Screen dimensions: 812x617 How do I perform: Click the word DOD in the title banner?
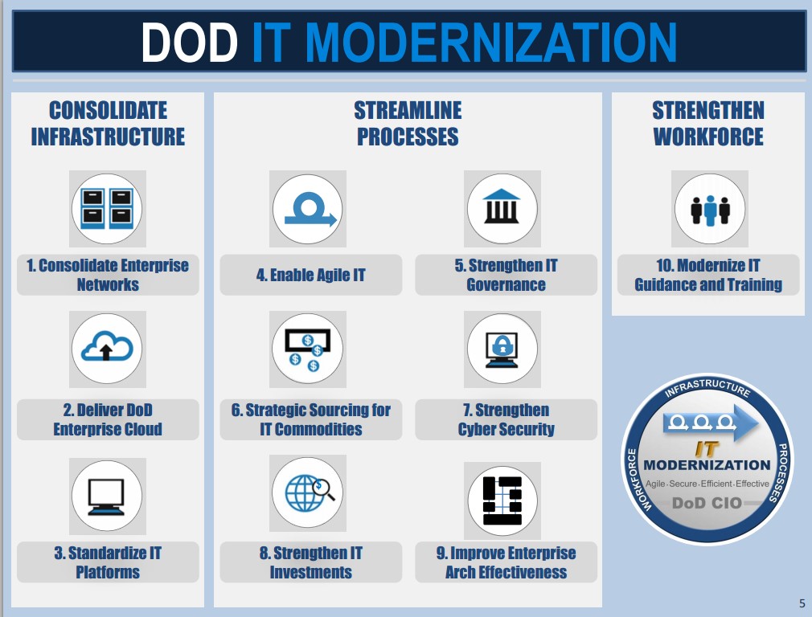[189, 43]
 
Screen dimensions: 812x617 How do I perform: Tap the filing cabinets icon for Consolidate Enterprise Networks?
[107, 209]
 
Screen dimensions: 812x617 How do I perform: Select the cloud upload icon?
[107, 346]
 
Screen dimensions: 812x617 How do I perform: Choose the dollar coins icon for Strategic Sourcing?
[308, 350]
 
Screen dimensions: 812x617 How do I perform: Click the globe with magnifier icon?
[310, 492]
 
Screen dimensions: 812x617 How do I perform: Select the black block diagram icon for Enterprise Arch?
[502, 501]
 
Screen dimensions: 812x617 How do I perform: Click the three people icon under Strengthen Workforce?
[710, 210]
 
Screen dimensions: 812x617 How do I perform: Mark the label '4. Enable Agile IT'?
[310, 275]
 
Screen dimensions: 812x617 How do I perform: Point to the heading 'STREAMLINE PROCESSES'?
[408, 124]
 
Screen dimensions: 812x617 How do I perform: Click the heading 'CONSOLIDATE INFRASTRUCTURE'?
[108, 124]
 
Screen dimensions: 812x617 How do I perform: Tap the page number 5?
[802, 603]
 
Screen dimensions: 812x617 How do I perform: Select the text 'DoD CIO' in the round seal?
[707, 503]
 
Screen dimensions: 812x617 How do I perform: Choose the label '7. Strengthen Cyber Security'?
[506, 419]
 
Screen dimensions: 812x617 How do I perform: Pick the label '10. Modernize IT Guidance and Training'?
[708, 275]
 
